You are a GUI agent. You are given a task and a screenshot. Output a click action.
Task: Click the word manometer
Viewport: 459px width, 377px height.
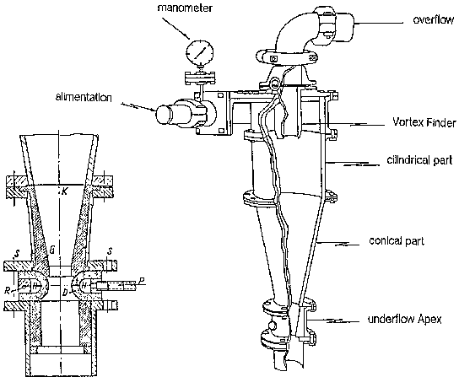pos(185,8)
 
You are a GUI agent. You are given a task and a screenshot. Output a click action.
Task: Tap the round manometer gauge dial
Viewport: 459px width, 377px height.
pos(200,52)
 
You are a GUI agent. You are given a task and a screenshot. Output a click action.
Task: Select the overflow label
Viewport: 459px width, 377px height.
pos(434,19)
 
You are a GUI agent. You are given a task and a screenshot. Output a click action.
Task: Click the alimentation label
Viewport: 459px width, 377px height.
pos(84,97)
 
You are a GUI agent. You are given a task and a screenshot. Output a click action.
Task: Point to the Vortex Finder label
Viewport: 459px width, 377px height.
pos(424,122)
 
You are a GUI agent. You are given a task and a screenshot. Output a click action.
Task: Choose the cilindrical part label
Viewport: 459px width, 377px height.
pos(420,160)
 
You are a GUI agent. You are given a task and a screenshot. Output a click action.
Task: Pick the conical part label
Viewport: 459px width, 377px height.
pos(397,241)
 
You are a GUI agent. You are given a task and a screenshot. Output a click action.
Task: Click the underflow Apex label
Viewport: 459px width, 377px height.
pos(404,319)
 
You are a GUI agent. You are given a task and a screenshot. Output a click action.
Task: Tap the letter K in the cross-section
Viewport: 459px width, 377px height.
pos(65,191)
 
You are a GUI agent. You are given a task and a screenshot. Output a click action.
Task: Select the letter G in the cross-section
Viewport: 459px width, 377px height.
pos(52,250)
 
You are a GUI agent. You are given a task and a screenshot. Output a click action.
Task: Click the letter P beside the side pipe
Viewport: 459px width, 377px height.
pos(142,282)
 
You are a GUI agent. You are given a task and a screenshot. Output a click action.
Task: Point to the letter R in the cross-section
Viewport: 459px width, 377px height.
pos(8,291)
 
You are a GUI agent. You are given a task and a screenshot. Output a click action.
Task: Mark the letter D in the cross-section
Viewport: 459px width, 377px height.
pos(66,292)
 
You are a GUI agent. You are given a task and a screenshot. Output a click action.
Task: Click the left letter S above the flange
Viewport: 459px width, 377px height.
pos(16,255)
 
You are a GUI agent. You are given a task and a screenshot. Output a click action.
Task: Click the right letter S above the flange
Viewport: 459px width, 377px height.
pos(110,252)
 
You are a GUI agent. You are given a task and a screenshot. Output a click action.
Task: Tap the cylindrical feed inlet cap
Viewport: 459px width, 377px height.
pos(165,115)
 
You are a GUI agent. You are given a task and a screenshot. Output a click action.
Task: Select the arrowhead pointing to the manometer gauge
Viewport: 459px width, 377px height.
pos(187,36)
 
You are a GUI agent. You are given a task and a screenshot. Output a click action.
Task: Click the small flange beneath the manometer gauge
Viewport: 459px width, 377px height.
pos(200,78)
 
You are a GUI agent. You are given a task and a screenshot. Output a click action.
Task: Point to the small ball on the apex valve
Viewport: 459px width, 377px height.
pos(272,326)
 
